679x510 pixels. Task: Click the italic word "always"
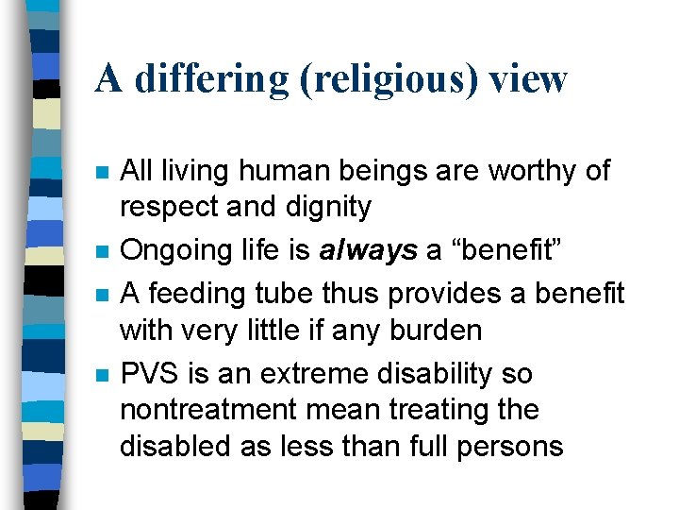pos(367,251)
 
